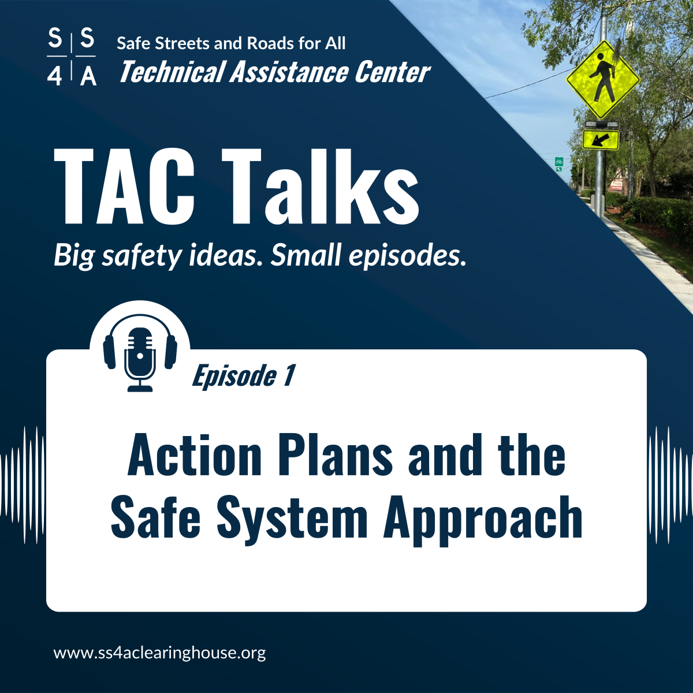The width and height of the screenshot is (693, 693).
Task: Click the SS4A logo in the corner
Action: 72,57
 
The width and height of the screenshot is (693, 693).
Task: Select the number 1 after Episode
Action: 288,376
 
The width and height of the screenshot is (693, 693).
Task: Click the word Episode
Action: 234,377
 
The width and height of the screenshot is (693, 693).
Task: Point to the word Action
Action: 195,456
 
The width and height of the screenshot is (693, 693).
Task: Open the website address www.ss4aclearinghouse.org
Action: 160,653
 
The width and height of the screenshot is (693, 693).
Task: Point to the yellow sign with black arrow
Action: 601,140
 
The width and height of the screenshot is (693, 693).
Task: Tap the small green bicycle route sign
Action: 558,163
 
